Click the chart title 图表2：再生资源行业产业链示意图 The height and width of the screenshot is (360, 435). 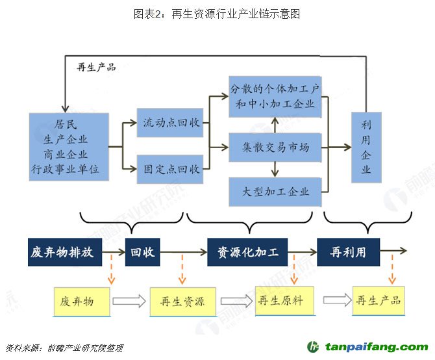point(217,14)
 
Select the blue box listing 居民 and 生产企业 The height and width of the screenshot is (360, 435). point(68,148)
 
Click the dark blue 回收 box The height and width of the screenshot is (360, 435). point(142,252)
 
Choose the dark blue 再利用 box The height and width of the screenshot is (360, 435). point(348,252)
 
